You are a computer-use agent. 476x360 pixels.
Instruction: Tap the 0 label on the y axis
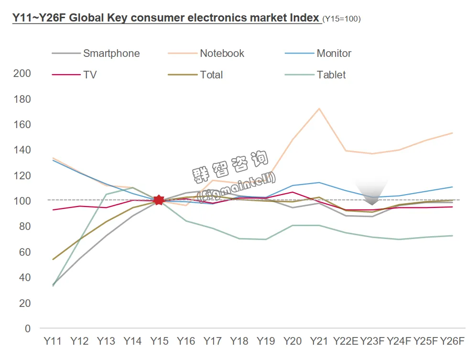[x=28, y=328]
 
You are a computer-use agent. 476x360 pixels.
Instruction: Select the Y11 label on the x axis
[x=53, y=341]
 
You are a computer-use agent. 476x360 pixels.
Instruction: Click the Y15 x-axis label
[x=159, y=341]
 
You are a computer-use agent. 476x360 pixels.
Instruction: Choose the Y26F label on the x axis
[x=452, y=341]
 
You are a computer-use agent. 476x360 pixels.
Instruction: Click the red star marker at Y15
[x=159, y=200]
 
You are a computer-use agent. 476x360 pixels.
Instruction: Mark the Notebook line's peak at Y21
[x=319, y=109]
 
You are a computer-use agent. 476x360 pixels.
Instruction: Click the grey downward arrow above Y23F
[x=373, y=194]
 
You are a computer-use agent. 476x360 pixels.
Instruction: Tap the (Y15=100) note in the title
[x=342, y=19]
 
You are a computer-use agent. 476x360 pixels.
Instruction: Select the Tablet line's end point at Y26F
[x=452, y=235]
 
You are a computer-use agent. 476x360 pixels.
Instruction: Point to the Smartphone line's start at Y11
[x=53, y=284]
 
